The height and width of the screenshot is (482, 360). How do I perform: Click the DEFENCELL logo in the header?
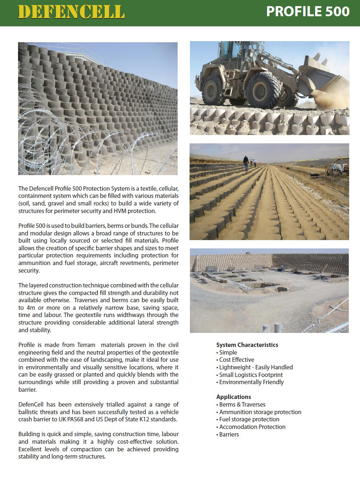click(x=71, y=12)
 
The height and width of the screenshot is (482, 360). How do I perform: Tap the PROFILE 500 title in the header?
click(x=308, y=12)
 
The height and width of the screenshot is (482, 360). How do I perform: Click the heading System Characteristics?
click(x=247, y=345)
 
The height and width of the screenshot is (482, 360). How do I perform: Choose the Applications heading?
click(x=233, y=397)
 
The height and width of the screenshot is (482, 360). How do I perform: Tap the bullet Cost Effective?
click(x=237, y=360)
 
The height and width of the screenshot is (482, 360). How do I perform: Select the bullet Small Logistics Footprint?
click(x=251, y=375)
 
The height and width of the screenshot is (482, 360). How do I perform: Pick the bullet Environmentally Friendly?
click(x=251, y=382)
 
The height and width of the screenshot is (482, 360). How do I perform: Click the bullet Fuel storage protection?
click(x=249, y=419)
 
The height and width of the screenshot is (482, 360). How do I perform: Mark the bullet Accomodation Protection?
click(x=252, y=427)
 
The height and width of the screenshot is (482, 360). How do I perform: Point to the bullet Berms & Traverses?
click(x=242, y=404)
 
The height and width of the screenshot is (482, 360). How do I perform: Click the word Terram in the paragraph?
click(x=86, y=345)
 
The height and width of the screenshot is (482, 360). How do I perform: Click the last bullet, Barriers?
click(x=229, y=434)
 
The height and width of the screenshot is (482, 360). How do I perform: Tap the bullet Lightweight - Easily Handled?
click(x=256, y=367)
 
